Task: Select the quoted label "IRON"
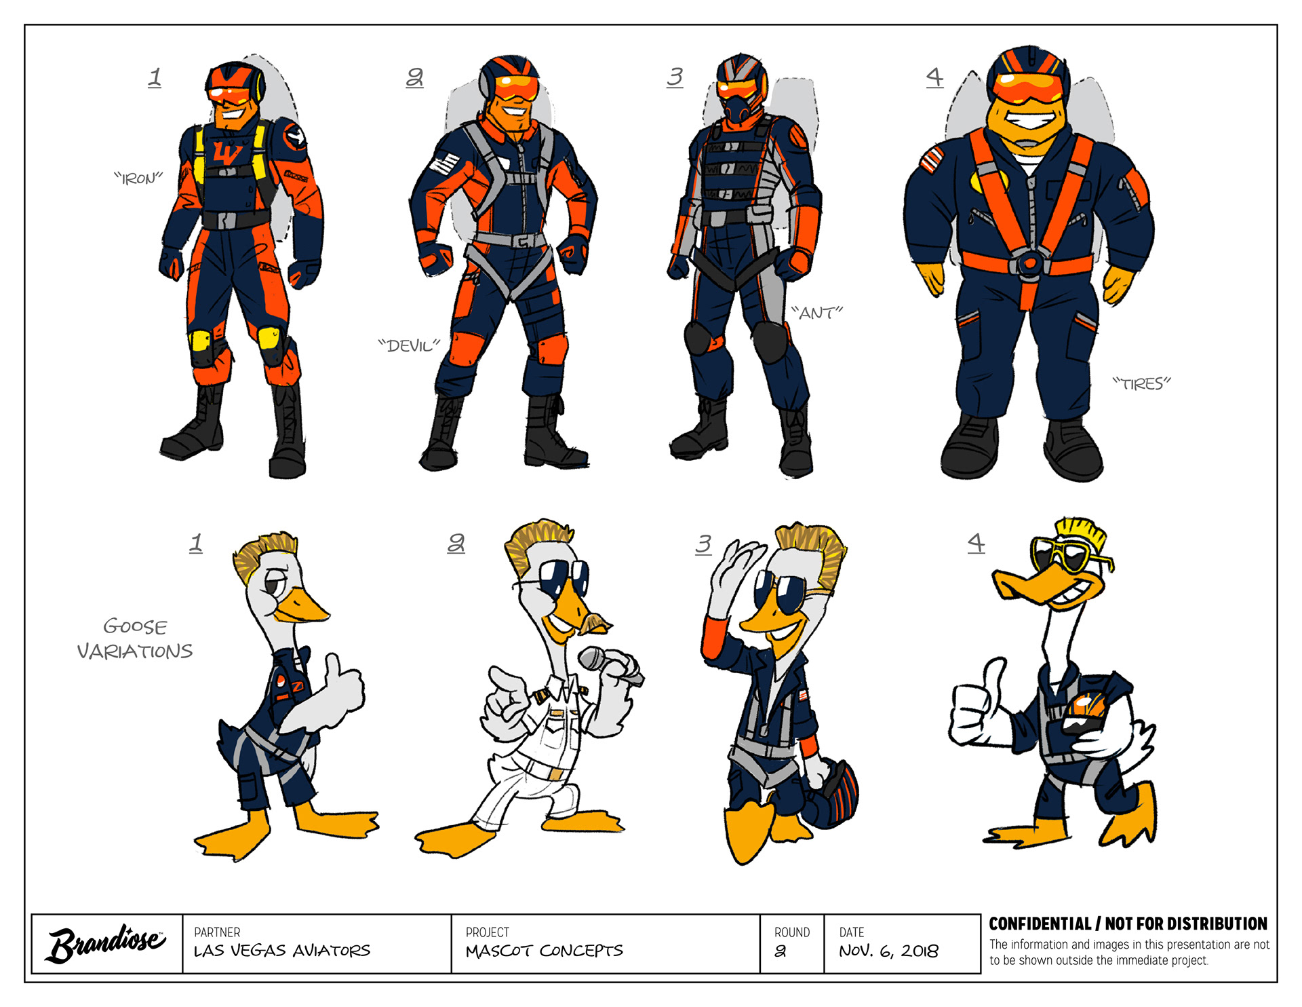pos(138,178)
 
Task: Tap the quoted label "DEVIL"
pos(409,346)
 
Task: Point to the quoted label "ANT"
pos(816,313)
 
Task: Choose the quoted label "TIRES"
pos(1142,384)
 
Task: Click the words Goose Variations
pos(135,639)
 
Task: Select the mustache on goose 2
pos(595,623)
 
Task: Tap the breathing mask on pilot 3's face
pos(741,109)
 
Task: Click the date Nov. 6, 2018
pos(888,951)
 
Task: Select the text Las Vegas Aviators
pos(282,951)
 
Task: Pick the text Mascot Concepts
pos(544,951)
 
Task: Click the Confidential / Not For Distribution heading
pos(1128,924)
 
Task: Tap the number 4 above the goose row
pos(976,543)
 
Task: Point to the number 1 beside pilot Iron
pos(155,77)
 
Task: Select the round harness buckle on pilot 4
pos(1029,263)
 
